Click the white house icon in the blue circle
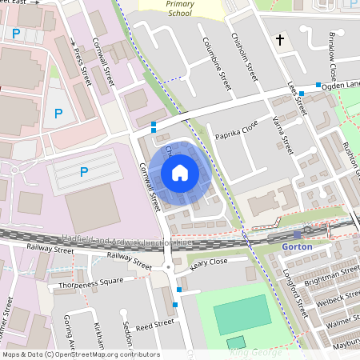pyautogui.click(x=180, y=172)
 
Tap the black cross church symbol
pyautogui.click(x=281, y=39)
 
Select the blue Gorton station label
pyautogui.click(x=297, y=247)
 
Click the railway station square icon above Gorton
pyautogui.click(x=298, y=234)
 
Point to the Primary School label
pyautogui.click(x=180, y=8)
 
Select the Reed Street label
pyautogui.click(x=154, y=325)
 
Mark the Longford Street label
pyautogui.click(x=297, y=293)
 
